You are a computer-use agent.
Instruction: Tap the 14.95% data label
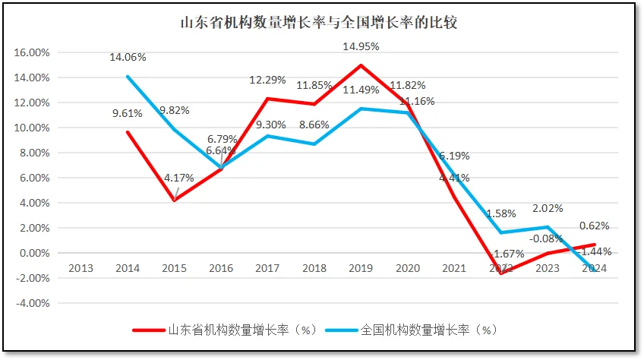(x=361, y=46)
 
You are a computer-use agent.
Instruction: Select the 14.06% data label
(x=128, y=57)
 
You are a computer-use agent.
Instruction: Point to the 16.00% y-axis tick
(x=32, y=52)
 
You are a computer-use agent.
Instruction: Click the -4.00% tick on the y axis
(x=32, y=303)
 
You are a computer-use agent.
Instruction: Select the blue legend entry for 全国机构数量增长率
(x=410, y=330)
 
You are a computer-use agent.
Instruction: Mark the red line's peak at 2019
(x=361, y=65)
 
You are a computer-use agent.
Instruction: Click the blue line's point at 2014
(x=128, y=77)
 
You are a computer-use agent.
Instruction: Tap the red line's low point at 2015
(x=174, y=201)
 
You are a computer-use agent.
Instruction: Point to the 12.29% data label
(x=268, y=81)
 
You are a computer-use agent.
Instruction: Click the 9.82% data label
(x=174, y=110)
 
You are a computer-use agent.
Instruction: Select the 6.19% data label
(x=455, y=156)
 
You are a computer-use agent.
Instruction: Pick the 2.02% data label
(x=548, y=209)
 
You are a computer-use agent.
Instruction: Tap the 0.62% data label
(x=594, y=226)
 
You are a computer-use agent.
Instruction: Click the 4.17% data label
(x=178, y=178)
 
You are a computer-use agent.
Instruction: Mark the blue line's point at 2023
(x=548, y=227)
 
